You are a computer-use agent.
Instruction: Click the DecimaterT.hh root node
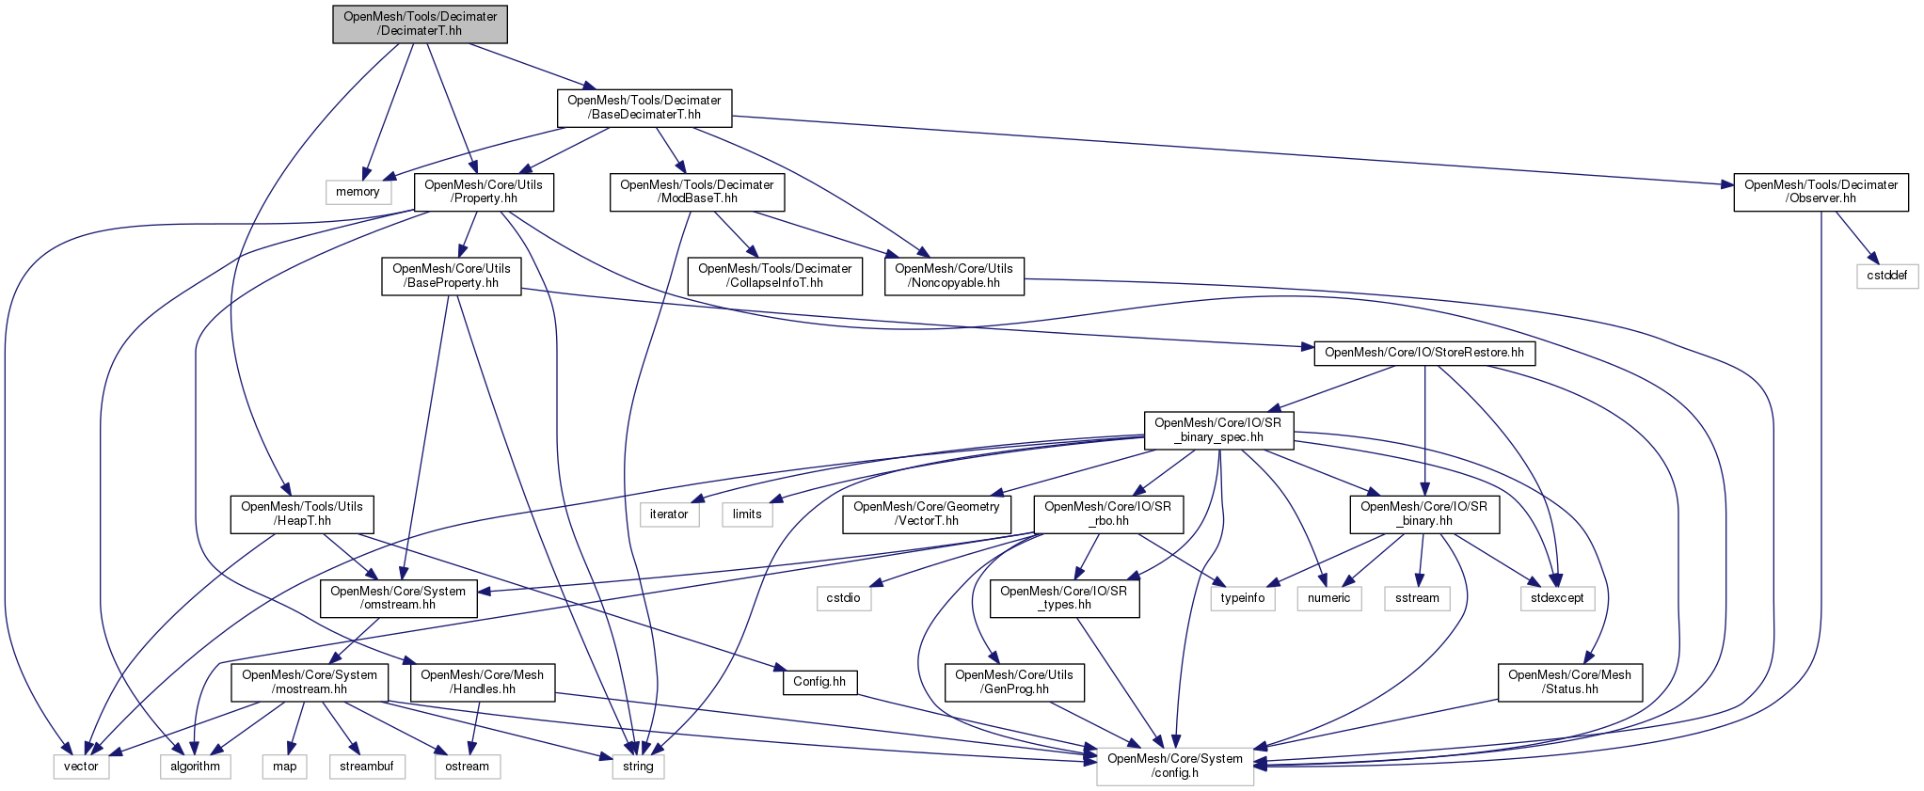pos(420,24)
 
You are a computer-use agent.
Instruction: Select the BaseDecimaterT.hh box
pos(644,107)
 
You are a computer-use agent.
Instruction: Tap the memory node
pos(358,192)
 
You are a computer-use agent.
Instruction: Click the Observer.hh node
pos(1821,192)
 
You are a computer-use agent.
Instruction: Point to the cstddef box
pos(1886,276)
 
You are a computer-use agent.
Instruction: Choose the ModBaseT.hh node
pos(697,192)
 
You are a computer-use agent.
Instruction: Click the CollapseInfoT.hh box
pos(774,276)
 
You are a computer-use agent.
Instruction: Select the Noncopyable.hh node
pos(955,276)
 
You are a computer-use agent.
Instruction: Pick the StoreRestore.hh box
pos(1423,354)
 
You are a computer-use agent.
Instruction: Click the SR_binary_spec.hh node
pos(1218,430)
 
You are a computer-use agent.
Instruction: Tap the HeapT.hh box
pos(302,514)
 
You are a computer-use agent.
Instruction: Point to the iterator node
pos(669,514)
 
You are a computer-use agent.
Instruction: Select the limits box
pos(747,514)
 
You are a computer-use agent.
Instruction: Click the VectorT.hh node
pos(927,514)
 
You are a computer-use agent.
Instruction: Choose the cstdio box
pos(843,597)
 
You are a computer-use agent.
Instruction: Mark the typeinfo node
pos(1243,597)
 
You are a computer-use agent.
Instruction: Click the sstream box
pos(1418,597)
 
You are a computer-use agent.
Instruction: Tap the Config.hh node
pos(819,682)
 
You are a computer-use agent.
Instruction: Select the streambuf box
pos(366,766)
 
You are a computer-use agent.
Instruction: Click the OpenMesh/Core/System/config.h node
pos(1175,766)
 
